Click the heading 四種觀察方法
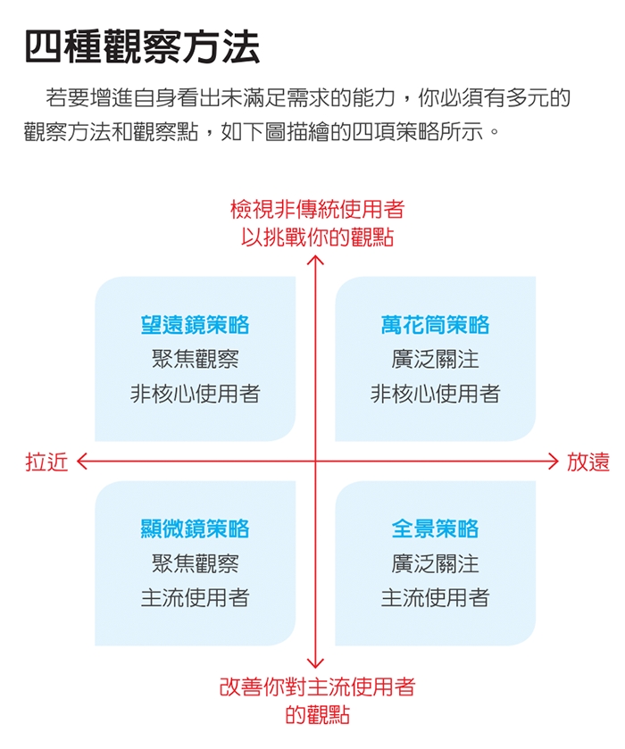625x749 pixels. (142, 46)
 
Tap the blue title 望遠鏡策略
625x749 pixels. (195, 325)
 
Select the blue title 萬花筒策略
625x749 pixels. (436, 325)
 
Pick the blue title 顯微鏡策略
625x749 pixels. (195, 528)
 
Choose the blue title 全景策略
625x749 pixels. (436, 528)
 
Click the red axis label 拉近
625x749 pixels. (46, 462)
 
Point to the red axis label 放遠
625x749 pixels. (588, 462)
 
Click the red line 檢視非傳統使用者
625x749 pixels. (318, 209)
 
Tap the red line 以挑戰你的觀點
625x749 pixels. (317, 237)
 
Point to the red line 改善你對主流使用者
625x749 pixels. (317, 687)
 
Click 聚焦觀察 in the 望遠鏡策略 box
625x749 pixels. (195, 359)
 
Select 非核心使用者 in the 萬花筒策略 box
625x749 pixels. (436, 394)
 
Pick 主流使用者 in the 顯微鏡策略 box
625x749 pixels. (195, 598)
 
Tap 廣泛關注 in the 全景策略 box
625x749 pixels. (436, 563)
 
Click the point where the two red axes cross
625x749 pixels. (315, 462)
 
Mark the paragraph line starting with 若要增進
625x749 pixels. (308, 98)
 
